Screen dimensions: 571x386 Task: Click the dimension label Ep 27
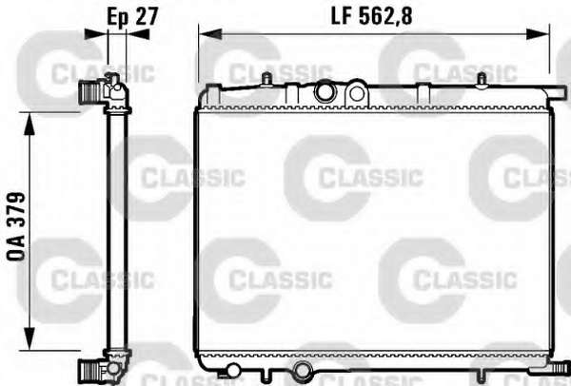(x=132, y=17)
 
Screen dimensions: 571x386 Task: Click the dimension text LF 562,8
(x=371, y=16)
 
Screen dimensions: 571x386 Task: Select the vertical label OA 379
(x=16, y=226)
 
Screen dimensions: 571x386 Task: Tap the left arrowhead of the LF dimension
(x=210, y=34)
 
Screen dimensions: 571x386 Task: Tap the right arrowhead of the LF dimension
(x=538, y=34)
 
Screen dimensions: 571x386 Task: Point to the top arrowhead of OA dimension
(x=30, y=124)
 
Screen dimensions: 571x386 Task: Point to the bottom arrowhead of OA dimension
(x=30, y=338)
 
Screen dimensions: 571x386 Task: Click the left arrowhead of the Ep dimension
(x=96, y=34)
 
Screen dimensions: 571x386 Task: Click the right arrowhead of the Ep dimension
(x=138, y=34)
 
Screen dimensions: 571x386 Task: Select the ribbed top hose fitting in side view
(x=90, y=91)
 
